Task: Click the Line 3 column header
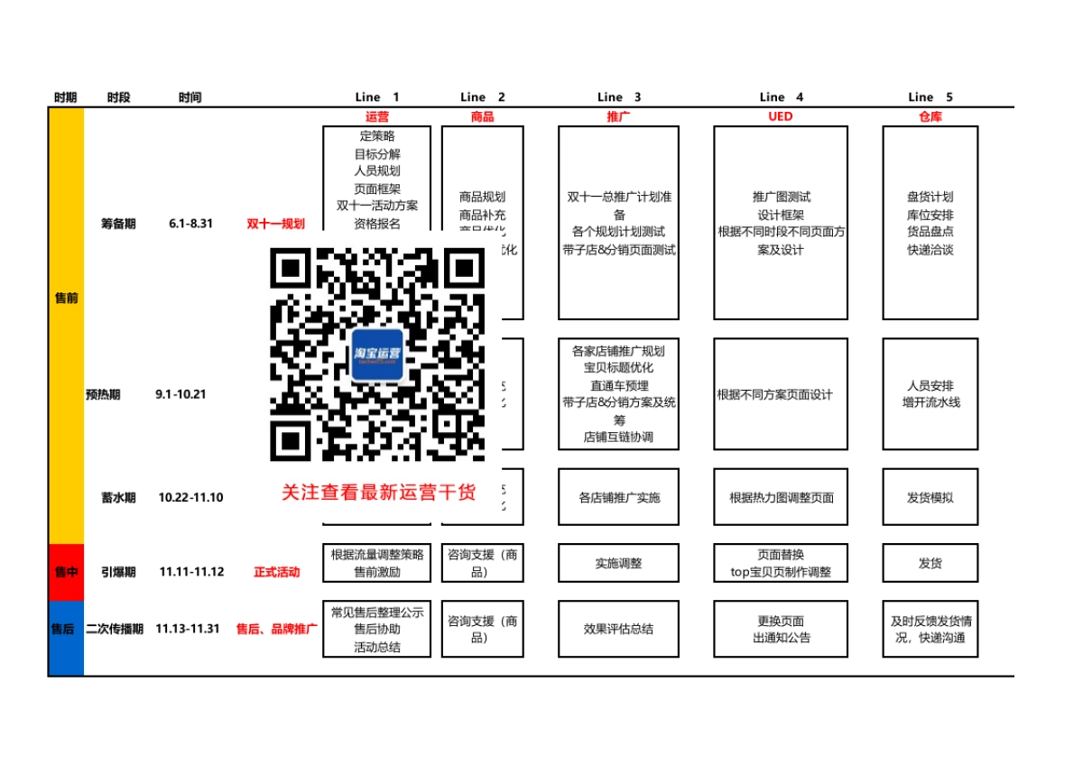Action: coord(619,97)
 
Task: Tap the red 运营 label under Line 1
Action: coord(377,116)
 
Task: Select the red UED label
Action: coord(780,116)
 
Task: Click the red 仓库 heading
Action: coord(930,116)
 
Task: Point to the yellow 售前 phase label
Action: coord(66,298)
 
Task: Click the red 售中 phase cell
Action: coord(66,571)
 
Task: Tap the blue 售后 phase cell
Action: coord(66,629)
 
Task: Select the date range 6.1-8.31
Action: coord(190,224)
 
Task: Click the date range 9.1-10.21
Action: coord(181,394)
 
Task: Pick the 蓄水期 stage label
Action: coord(118,497)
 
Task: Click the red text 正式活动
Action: coord(276,572)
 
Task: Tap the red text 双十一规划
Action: coord(276,224)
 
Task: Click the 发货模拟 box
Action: coord(930,497)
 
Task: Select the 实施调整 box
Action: coord(618,563)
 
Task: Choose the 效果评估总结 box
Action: coord(618,629)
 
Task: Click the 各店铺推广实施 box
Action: coord(618,497)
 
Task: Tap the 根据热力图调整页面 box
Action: coord(781,497)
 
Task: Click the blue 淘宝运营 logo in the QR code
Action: coord(377,354)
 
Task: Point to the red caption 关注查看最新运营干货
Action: coord(378,492)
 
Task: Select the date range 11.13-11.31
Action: coord(188,629)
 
